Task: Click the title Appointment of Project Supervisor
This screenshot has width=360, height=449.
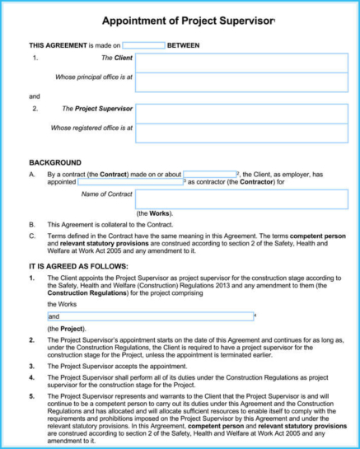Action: pos(189,19)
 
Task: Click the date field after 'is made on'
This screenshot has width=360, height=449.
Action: pos(143,45)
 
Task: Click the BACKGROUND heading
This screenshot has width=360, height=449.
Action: pos(55,162)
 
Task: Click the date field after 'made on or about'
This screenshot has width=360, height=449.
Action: pos(209,175)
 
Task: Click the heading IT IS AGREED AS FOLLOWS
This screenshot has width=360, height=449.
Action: pos(78,267)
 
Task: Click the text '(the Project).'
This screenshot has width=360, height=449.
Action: pos(65,330)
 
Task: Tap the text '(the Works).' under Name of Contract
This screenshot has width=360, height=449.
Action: pos(154,213)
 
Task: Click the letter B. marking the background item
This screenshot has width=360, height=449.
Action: pos(32,224)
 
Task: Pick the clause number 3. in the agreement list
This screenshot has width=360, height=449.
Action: pos(31,366)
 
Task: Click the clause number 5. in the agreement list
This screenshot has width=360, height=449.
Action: pos(31,396)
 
